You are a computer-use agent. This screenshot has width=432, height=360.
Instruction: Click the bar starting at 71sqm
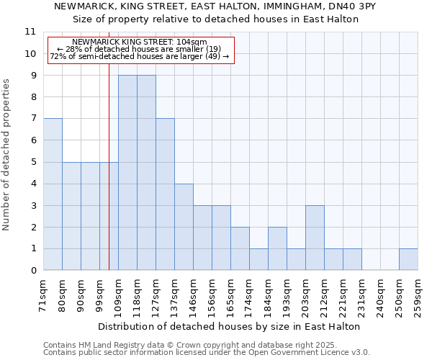[x=53, y=194]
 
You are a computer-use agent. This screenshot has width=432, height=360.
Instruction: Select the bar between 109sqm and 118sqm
[x=127, y=173]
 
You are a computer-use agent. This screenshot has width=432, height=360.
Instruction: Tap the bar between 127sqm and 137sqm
[x=165, y=194]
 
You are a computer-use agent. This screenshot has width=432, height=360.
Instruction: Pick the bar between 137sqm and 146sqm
[x=184, y=227]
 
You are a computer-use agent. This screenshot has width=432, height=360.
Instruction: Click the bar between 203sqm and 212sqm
[x=315, y=238]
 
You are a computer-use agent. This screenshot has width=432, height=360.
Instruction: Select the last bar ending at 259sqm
[x=408, y=259]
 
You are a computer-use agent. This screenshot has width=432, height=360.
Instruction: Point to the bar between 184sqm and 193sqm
[x=277, y=248]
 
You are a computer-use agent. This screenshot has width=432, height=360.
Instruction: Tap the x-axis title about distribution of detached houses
[x=228, y=326]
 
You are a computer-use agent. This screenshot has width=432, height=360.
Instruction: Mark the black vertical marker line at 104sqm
[x=109, y=180]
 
